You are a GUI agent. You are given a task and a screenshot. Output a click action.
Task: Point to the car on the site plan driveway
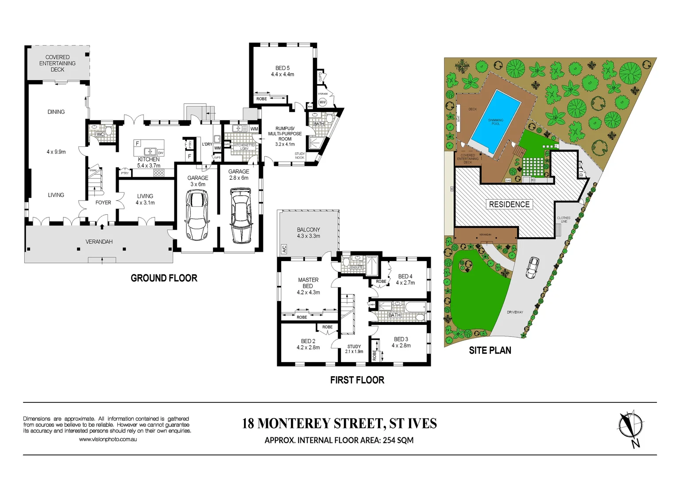coord(533,267)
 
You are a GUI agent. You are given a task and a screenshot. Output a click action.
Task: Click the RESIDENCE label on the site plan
coord(509,204)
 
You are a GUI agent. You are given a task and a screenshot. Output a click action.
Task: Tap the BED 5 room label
coord(282,68)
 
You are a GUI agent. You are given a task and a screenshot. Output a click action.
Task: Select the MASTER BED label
coord(308,283)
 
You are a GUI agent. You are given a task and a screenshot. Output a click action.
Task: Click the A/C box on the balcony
coord(284,249)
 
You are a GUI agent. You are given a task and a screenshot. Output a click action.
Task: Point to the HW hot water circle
coord(322,102)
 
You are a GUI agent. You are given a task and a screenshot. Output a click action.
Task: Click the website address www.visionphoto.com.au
coord(108,439)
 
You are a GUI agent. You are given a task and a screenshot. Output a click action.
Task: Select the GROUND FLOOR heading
coord(164,278)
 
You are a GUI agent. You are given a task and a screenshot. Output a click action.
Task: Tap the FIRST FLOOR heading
coord(357,380)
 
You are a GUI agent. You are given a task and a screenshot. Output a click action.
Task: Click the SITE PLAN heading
coord(490,351)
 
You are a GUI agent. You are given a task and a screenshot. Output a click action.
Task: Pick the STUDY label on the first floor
coord(354,347)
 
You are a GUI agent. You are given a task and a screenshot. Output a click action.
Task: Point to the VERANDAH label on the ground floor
coord(99,242)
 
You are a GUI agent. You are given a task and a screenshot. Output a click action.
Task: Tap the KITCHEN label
coord(149,159)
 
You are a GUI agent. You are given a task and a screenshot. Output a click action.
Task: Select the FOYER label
coord(103,203)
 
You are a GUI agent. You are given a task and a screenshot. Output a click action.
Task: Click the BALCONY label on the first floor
coord(308,230)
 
